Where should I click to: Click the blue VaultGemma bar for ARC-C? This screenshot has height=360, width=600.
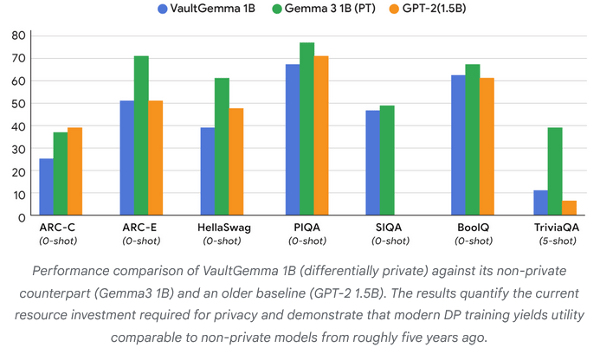(x=46, y=188)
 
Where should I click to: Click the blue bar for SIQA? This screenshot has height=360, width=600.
(x=372, y=164)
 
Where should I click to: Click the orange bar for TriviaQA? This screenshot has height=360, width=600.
(x=569, y=209)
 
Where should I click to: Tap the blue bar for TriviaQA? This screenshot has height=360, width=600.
(x=540, y=203)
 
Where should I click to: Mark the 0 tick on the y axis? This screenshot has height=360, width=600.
(x=19, y=217)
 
